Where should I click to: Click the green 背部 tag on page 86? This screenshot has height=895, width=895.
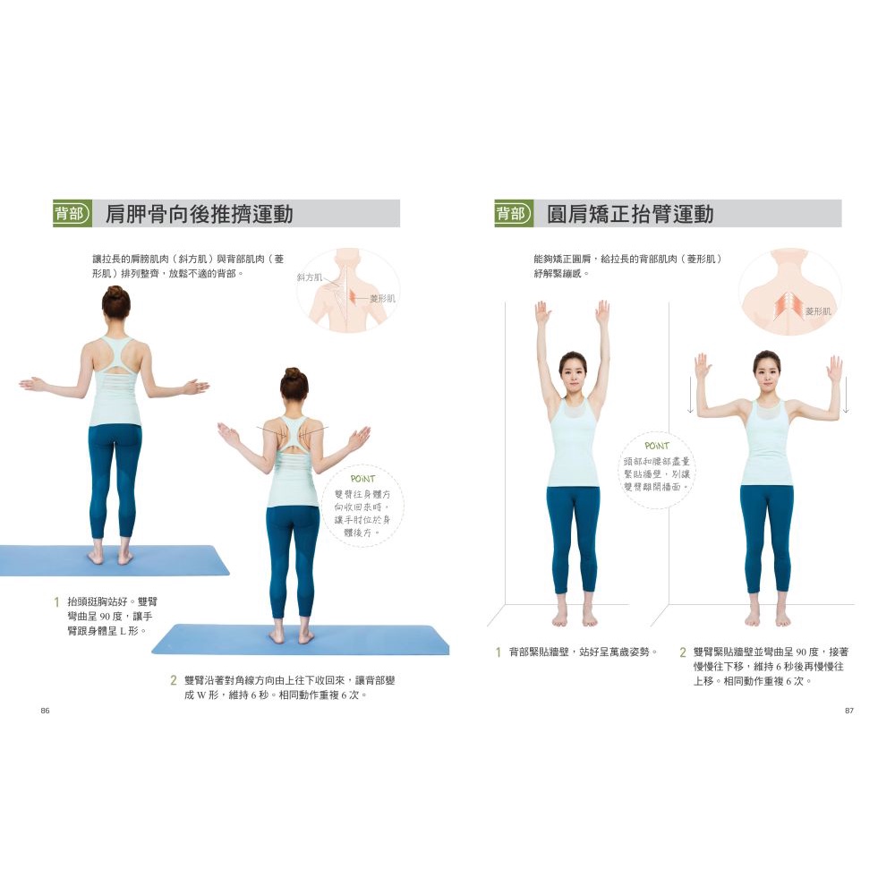[72, 214]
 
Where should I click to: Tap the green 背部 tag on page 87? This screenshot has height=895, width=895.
[514, 214]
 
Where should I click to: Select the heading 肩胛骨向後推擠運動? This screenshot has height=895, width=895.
[199, 214]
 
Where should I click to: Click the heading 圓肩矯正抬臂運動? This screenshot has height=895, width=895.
[630, 214]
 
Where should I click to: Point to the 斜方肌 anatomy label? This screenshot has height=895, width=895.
[310, 277]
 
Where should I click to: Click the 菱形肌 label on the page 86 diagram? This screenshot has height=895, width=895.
[382, 299]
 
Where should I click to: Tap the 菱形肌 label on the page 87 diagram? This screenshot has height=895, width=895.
[819, 311]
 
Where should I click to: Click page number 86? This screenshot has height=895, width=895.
[45, 711]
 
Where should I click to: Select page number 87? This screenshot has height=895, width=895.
[848, 711]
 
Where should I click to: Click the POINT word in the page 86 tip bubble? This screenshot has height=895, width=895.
[362, 478]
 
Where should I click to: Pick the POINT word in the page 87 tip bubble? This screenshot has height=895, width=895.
[656, 446]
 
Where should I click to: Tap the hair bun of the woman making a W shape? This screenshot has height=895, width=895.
[294, 374]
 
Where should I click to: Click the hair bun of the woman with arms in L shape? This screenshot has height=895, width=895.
[115, 292]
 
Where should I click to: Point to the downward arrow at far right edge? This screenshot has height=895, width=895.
[846, 395]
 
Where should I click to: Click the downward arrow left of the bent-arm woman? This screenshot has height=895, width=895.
[690, 395]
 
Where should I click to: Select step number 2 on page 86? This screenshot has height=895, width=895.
[174, 680]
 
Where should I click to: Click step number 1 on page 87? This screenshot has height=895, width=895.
[499, 652]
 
